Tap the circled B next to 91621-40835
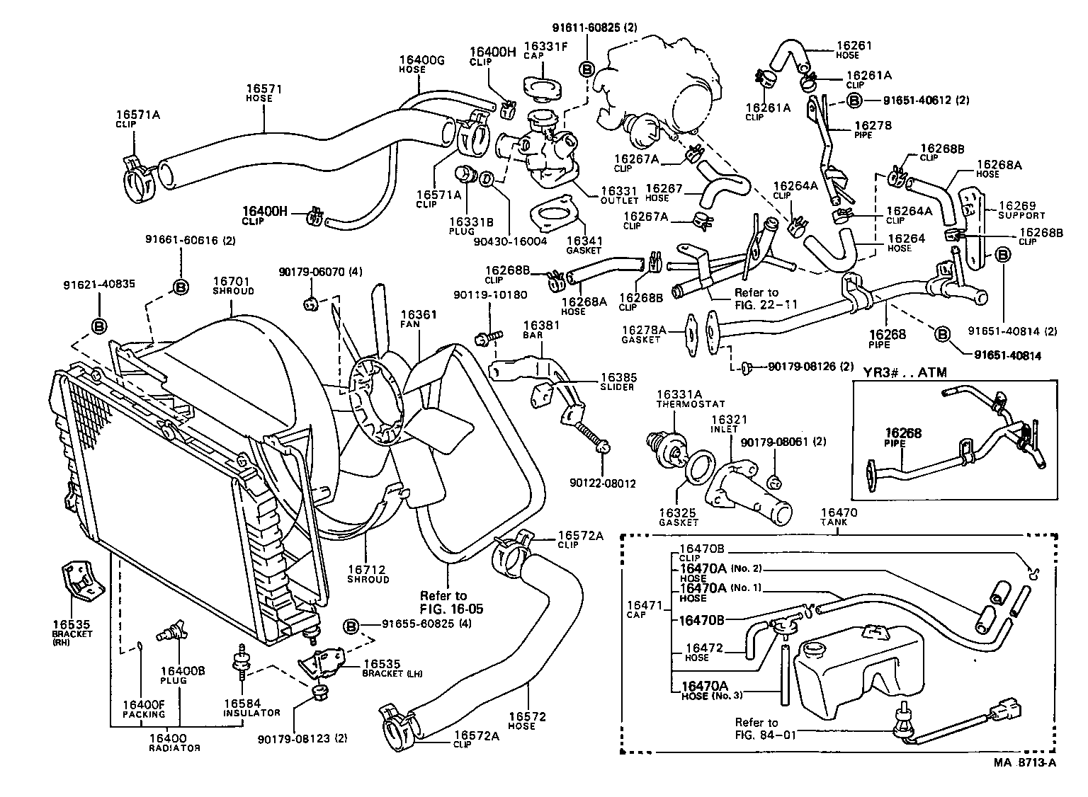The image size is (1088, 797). tap(98, 326)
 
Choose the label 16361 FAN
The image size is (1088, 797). tap(419, 319)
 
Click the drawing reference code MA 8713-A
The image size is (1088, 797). tap(1025, 762)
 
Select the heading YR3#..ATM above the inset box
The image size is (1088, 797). tap(905, 372)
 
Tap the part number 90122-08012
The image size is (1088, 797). tap(602, 483)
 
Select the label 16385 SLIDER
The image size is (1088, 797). tap(618, 382)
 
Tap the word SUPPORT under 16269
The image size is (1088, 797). tap(1021, 215)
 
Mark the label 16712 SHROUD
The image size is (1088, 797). tap(368, 574)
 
